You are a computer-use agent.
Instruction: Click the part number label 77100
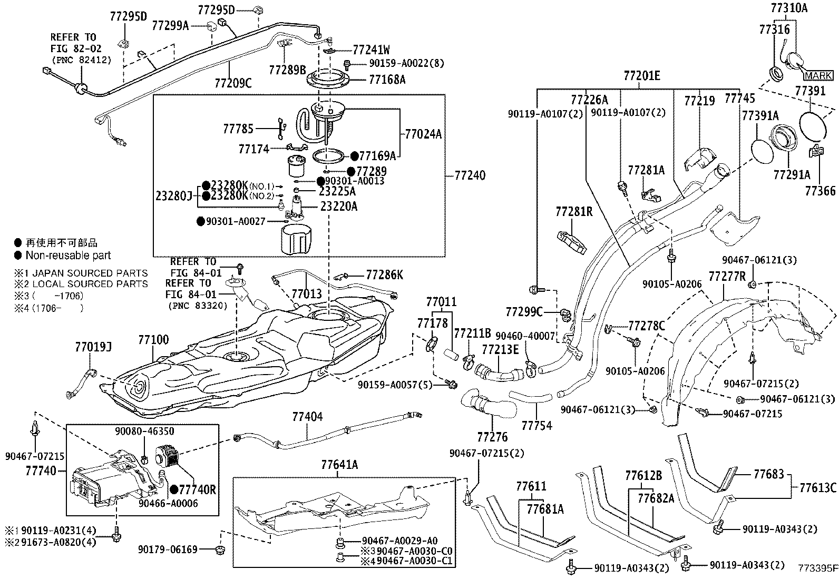point(153,340)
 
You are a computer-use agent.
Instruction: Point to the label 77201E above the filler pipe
point(641,75)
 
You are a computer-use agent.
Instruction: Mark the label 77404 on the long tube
point(307,417)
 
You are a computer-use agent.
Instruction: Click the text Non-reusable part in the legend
point(69,256)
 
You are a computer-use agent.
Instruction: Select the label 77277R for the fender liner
point(727,276)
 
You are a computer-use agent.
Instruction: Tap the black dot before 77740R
point(174,489)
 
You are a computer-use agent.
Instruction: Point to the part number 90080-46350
point(144,431)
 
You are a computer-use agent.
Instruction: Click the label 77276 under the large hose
point(492,437)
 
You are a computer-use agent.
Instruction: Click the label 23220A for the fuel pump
point(339,207)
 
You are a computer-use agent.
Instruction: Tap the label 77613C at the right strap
point(818,487)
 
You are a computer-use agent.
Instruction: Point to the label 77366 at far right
point(820,190)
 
